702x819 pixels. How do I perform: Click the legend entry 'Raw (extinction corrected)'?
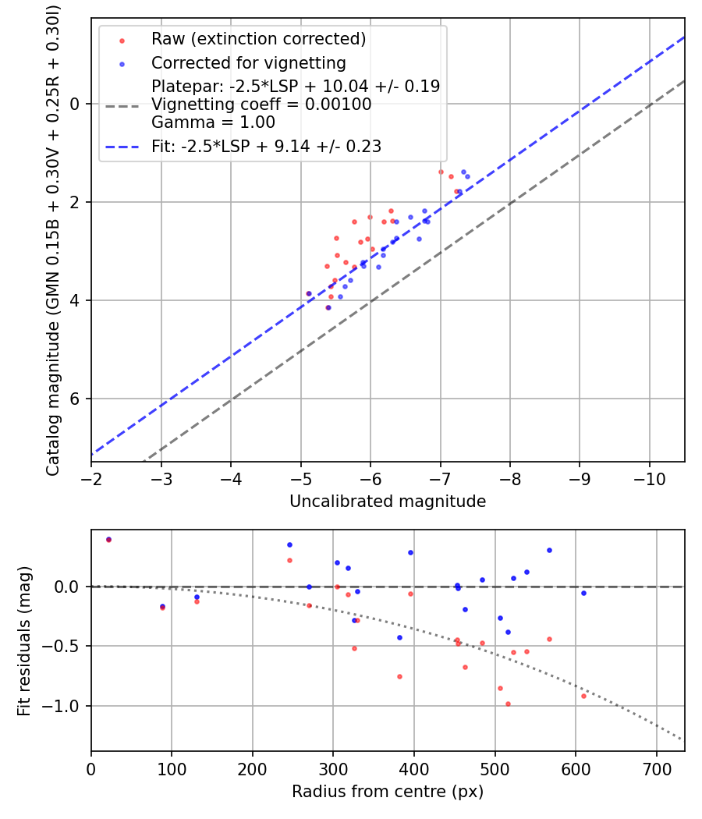coord(258,39)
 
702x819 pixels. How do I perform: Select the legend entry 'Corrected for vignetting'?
coord(248,62)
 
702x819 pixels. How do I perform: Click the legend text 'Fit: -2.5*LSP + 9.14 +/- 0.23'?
coord(266,146)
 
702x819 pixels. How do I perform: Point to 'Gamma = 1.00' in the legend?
coord(213,122)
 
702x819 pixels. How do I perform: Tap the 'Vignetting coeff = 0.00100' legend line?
coord(261,105)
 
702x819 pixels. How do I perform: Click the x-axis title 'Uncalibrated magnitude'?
coord(388,502)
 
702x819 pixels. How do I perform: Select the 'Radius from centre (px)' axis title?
coord(388,792)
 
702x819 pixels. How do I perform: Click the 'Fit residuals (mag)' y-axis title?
coord(24,640)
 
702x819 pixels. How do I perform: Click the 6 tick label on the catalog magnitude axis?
coord(76,399)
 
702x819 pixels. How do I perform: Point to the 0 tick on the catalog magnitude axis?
coord(76,104)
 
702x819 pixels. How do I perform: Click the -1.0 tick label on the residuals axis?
coord(67,706)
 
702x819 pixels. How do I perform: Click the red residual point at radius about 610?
coord(583,696)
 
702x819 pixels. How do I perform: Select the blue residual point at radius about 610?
coord(583,593)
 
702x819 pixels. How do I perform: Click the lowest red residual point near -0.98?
coord(508,704)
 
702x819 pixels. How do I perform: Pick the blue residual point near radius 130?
coord(197,597)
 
